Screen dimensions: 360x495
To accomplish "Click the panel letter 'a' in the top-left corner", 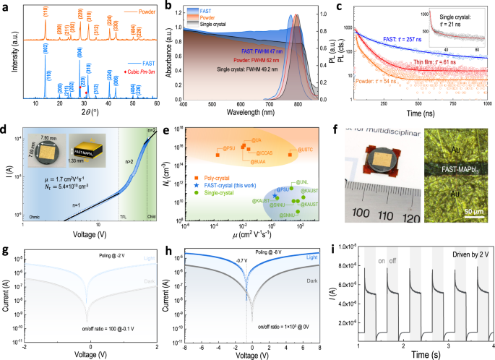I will (4, 7).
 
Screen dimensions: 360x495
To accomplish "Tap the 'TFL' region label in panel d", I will (125, 216).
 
